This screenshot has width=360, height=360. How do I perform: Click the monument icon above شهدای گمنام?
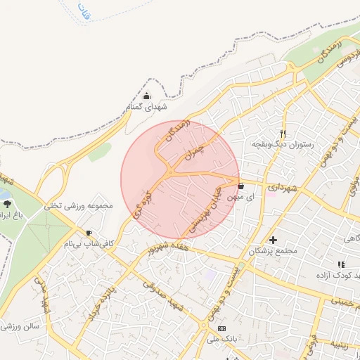[146, 96]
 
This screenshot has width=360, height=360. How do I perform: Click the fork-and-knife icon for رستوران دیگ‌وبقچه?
[283, 133]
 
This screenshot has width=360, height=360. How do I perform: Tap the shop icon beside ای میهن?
[242, 186]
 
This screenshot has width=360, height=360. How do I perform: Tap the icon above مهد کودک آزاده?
[341, 264]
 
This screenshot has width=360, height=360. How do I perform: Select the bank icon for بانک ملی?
[222, 329]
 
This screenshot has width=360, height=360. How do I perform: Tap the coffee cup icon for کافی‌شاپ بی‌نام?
[89, 233]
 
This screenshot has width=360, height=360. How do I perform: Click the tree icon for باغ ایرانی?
[7, 203]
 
